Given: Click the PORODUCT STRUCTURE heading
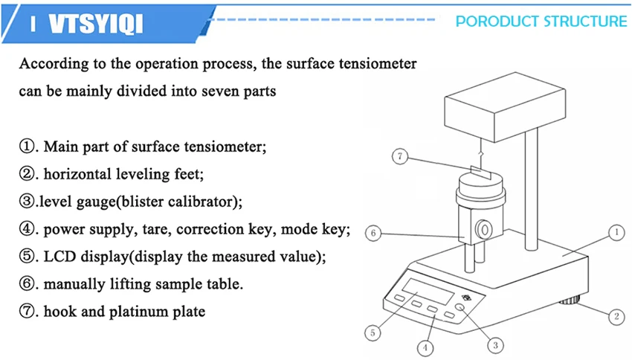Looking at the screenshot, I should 541,21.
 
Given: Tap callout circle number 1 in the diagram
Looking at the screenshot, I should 616,234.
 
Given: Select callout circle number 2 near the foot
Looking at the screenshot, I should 616,317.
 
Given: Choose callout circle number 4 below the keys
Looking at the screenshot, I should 425,347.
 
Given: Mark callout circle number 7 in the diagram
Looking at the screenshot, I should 401,157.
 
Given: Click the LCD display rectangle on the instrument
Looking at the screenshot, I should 427,288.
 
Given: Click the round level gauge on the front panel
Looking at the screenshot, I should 462,308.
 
